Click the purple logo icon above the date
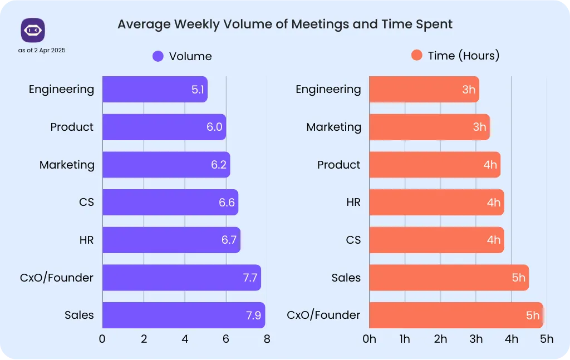33,30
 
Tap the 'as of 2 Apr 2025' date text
42,51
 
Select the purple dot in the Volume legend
158,56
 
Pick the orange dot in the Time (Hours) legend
416,56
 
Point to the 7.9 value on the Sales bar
254,315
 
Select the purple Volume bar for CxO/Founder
181,278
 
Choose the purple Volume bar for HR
171,240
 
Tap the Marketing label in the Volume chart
67,165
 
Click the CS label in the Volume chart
86,203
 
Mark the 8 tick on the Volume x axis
267,339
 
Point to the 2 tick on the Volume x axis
144,339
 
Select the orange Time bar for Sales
449,278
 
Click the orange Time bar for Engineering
424,90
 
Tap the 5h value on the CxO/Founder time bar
533,315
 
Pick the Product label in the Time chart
339,165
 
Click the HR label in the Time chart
353,203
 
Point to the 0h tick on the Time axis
369,339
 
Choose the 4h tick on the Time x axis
512,339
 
